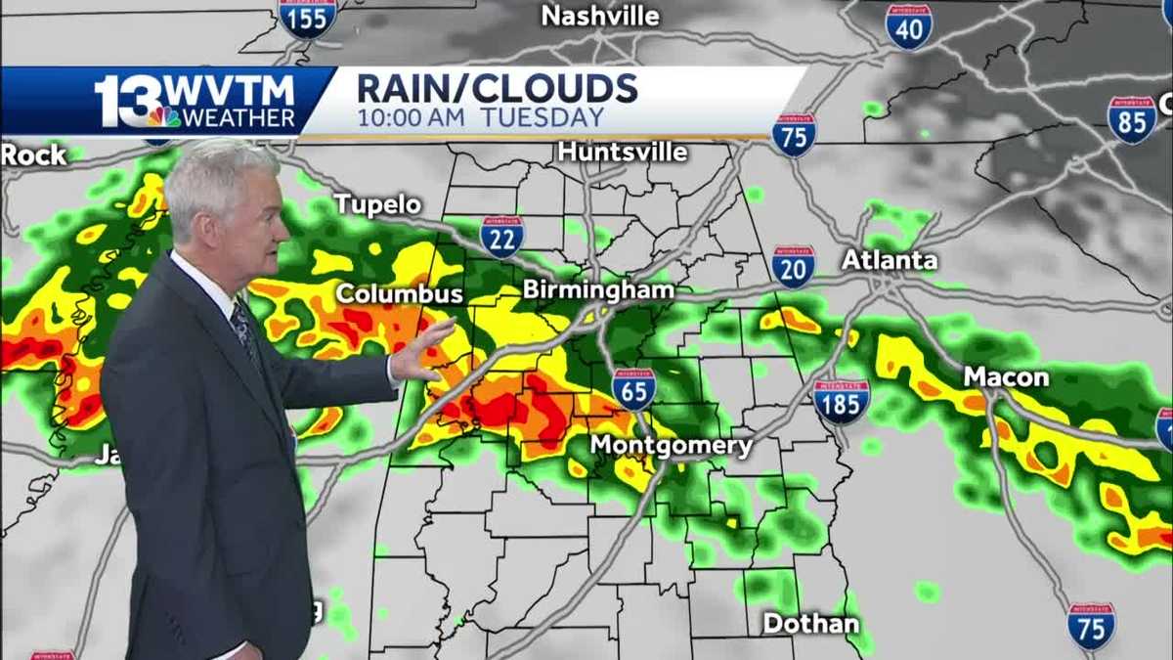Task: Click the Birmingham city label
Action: (x=598, y=290)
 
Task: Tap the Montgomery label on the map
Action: (x=671, y=447)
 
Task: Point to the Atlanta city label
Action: (x=890, y=260)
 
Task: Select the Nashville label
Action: (x=600, y=17)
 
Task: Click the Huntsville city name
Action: (x=623, y=153)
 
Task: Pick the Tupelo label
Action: (x=378, y=204)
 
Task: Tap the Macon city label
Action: (x=1006, y=377)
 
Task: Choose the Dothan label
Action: (x=811, y=623)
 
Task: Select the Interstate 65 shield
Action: (x=634, y=388)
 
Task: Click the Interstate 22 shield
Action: (x=501, y=237)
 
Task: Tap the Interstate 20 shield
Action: (x=793, y=266)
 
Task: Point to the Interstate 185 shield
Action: (x=841, y=401)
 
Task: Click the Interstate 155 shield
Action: (x=308, y=18)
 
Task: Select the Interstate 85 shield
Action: (x=1132, y=119)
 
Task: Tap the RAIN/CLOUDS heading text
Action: (x=498, y=88)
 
